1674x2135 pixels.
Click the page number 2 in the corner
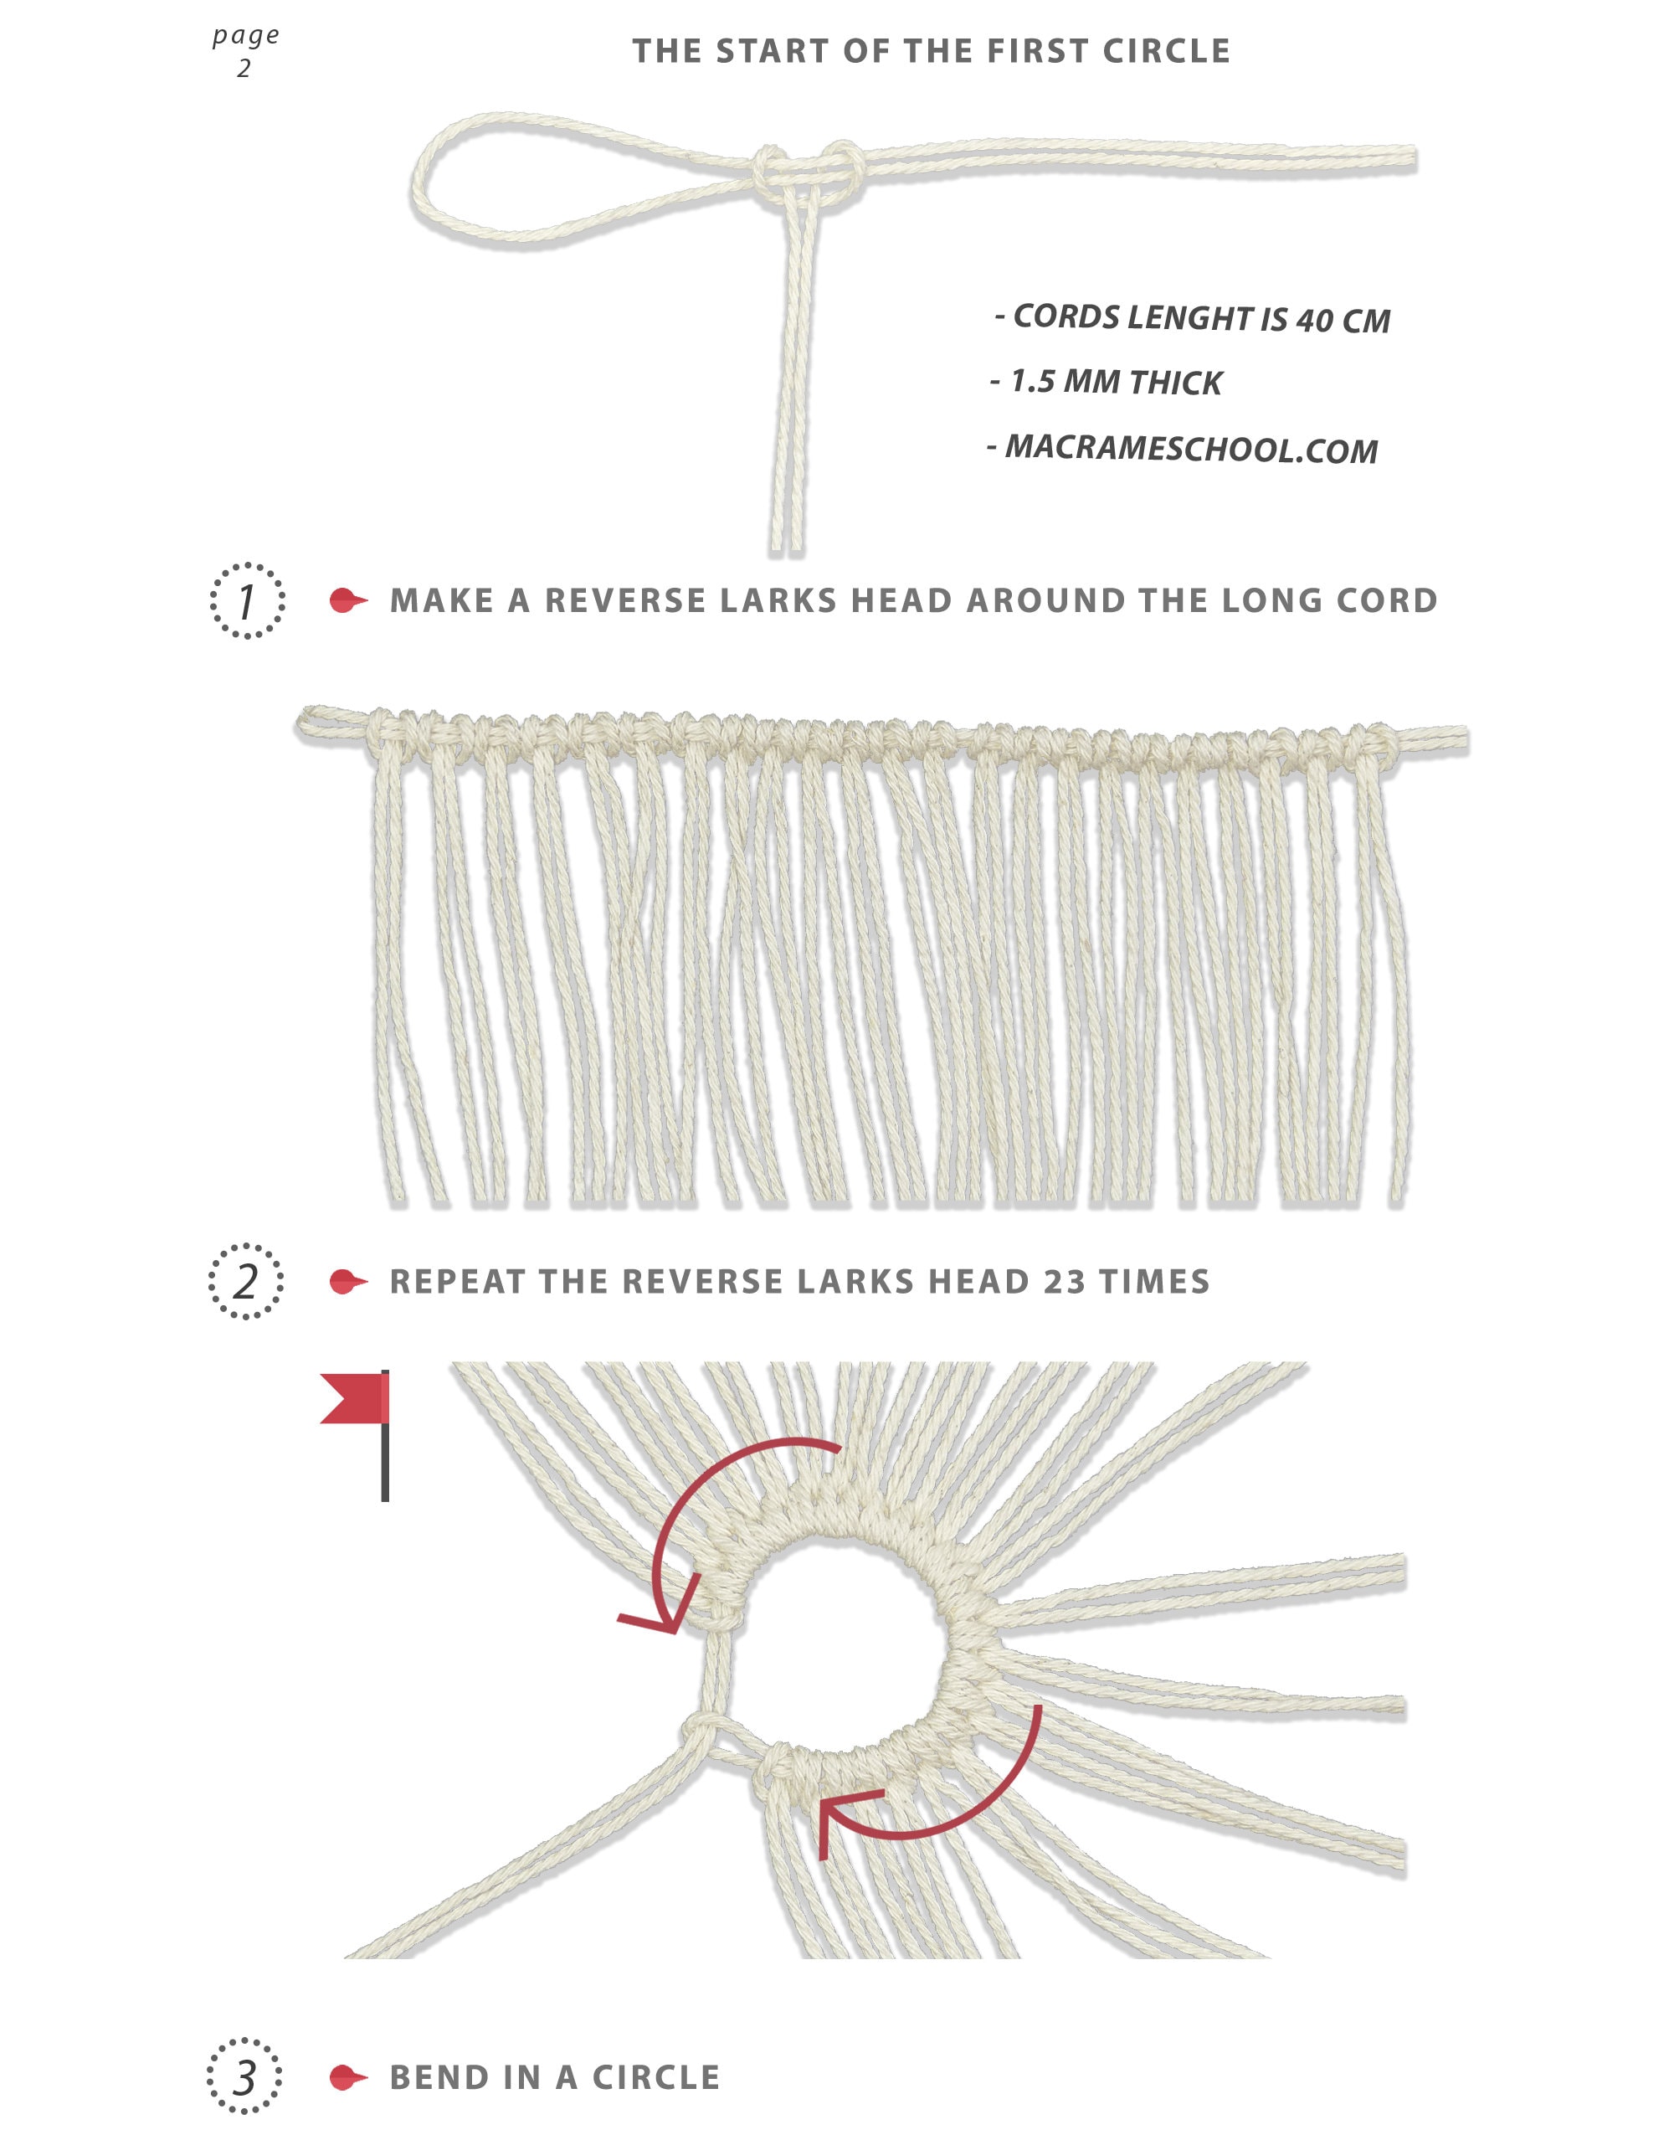point(244,69)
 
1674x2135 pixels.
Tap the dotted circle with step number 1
point(247,601)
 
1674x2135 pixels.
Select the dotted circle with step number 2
point(246,1281)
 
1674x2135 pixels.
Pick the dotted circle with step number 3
point(244,2077)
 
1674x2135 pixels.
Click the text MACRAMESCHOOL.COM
point(1190,449)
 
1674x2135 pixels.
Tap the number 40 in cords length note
point(1313,321)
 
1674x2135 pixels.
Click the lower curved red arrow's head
point(833,1815)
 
